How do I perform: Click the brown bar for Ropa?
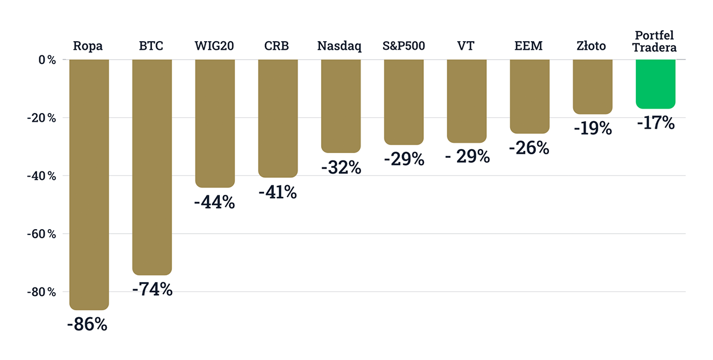pos(89,183)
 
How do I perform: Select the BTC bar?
pos(152,166)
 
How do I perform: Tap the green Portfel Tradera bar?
pos(655,83)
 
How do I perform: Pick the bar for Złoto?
pos(592,86)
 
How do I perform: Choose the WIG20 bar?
pos(215,123)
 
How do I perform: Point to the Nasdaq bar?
pos(341,106)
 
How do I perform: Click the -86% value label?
pos(87,325)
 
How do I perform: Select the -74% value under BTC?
pos(152,290)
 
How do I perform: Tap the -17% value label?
pos(655,123)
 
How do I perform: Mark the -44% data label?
pos(214,202)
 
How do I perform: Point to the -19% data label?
pos(592,129)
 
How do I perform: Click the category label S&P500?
pos(404,46)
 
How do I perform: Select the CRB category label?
pos(277,46)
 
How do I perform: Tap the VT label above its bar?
pos(466,46)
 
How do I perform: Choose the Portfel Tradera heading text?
pos(655,42)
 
